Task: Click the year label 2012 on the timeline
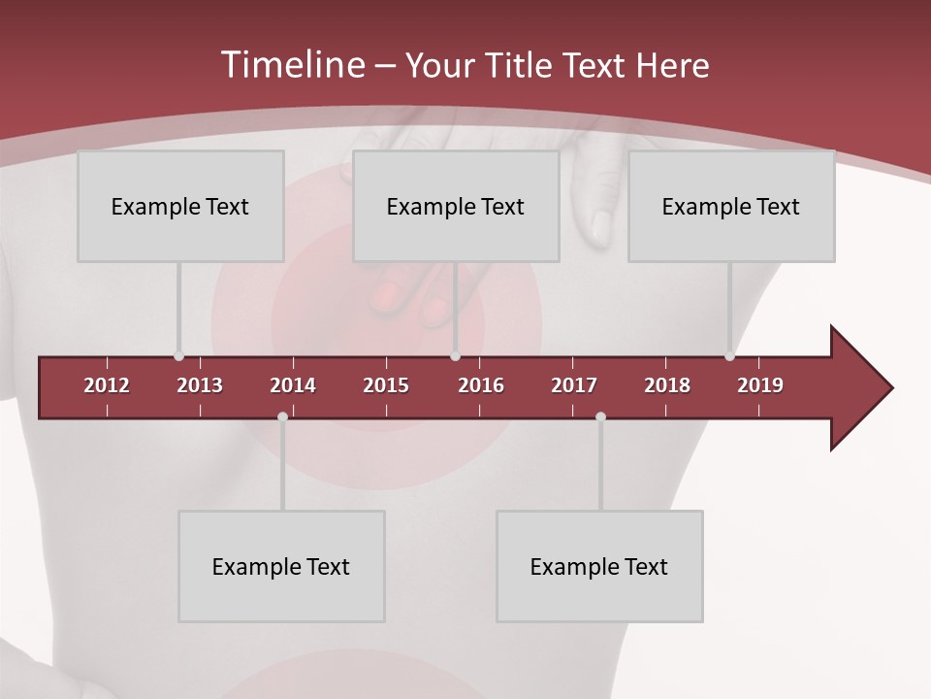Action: click(x=107, y=385)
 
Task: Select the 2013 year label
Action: click(x=200, y=385)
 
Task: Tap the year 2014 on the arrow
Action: click(x=293, y=385)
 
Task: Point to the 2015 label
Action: click(x=386, y=385)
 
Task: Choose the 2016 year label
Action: click(x=481, y=385)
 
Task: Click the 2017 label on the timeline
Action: click(x=574, y=385)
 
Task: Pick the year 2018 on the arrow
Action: click(x=667, y=385)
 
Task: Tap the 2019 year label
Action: click(x=760, y=385)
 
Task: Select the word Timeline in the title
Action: click(x=291, y=65)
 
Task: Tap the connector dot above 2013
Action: click(x=178, y=356)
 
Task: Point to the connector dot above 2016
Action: click(x=455, y=356)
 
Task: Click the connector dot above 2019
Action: click(x=729, y=356)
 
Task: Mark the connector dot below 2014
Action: click(x=282, y=416)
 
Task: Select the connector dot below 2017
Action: click(x=600, y=416)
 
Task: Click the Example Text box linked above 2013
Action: click(x=180, y=206)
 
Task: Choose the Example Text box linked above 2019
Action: click(x=731, y=206)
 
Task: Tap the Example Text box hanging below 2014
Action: click(x=281, y=566)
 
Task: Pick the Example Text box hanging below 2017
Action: click(x=599, y=566)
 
